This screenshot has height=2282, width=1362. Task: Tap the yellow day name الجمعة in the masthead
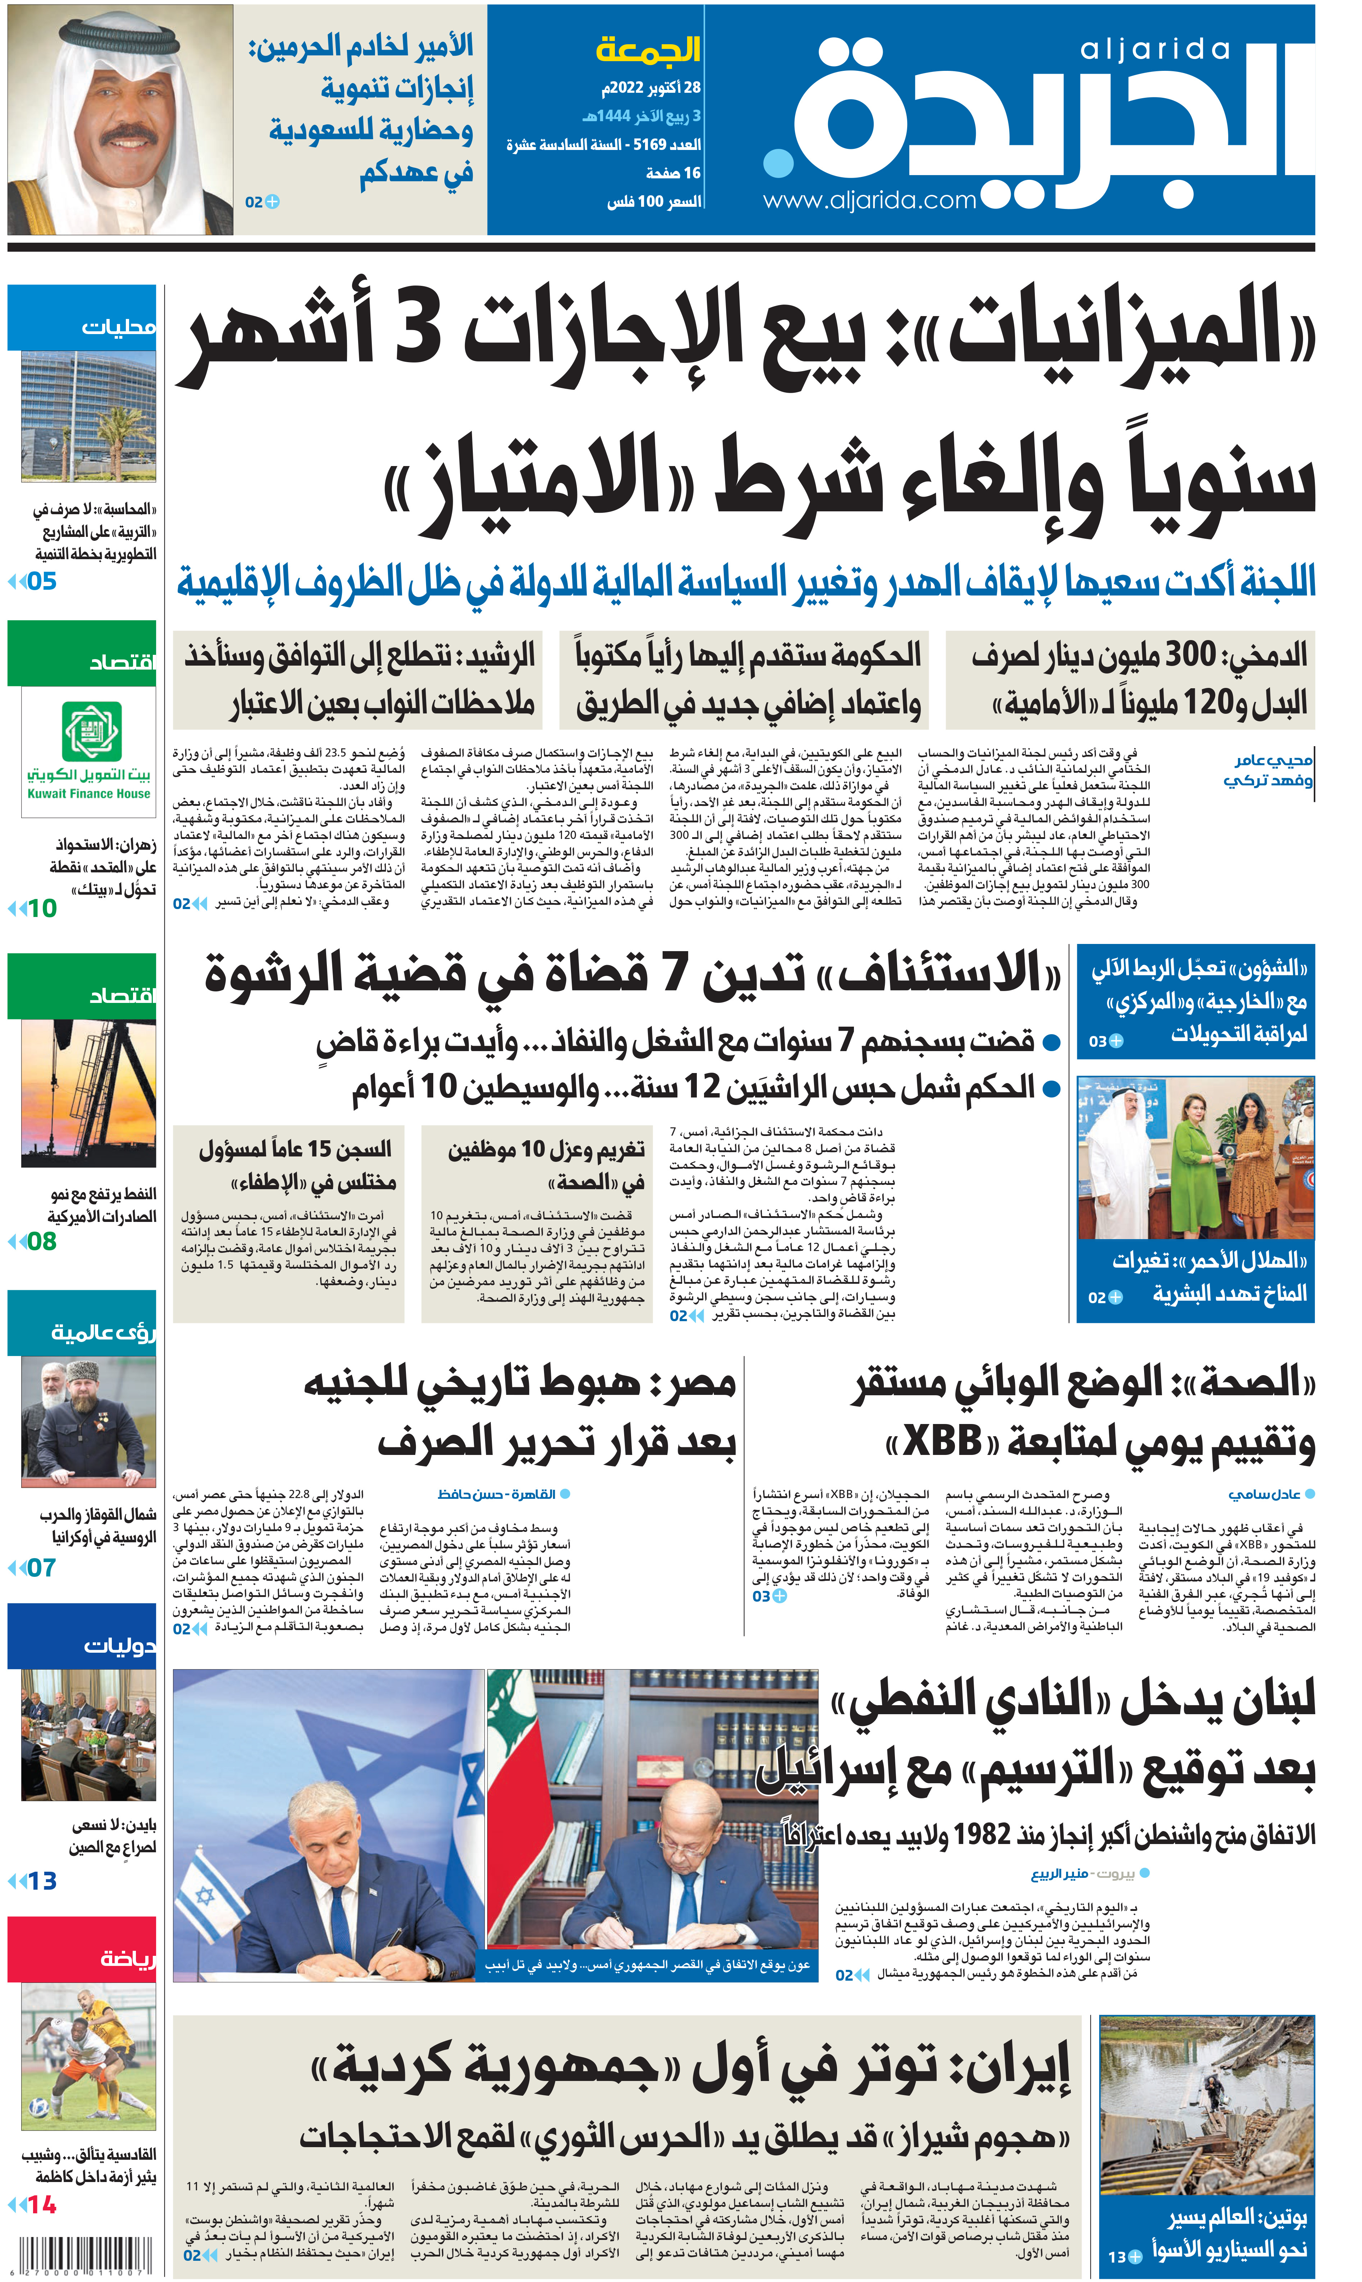(x=648, y=49)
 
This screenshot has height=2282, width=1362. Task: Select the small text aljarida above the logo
(x=1155, y=50)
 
